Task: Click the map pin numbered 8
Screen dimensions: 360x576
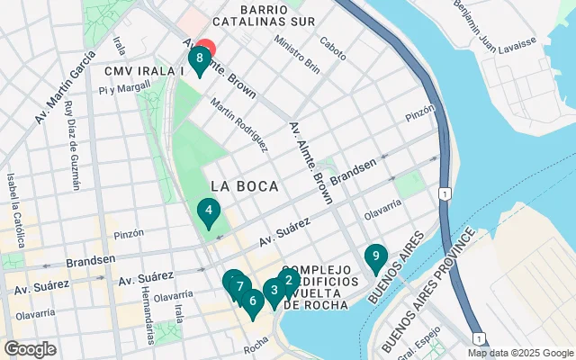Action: pyautogui.click(x=198, y=59)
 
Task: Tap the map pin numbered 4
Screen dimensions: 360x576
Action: pyautogui.click(x=209, y=212)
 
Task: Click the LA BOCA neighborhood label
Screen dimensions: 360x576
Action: pyautogui.click(x=245, y=186)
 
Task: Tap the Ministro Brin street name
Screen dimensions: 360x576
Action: pyautogui.click(x=298, y=53)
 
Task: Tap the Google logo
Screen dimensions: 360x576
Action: pyautogui.click(x=30, y=349)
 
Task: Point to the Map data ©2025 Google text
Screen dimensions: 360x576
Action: pyautogui.click(x=519, y=353)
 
